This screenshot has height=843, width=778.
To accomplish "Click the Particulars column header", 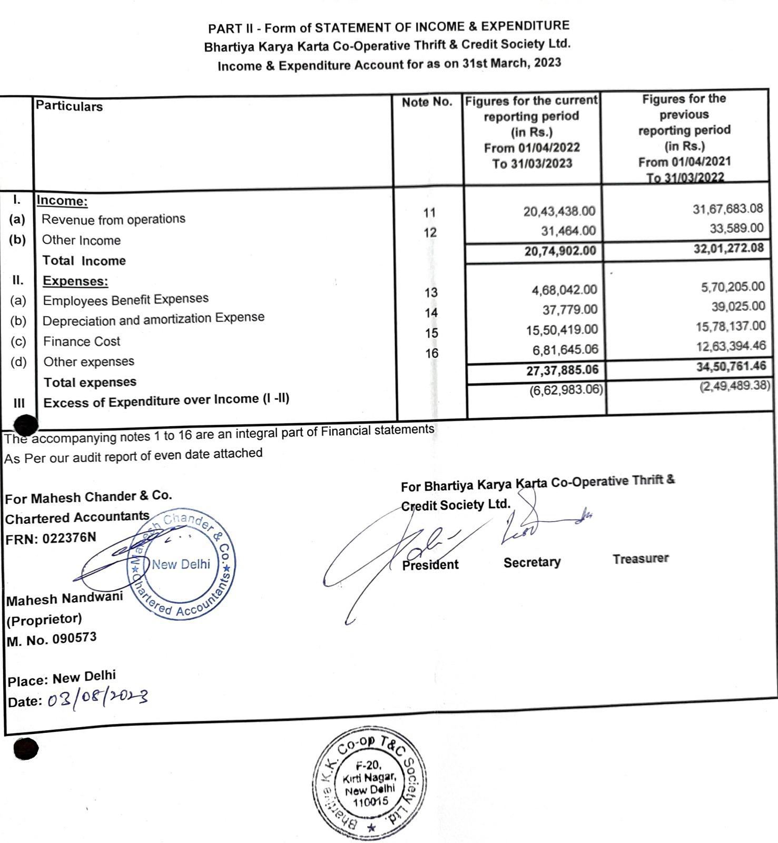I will click(69, 106).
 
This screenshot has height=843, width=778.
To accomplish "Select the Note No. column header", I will click(427, 102).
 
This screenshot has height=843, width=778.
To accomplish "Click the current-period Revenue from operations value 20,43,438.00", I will click(559, 211).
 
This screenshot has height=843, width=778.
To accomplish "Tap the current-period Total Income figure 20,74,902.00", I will click(560, 251).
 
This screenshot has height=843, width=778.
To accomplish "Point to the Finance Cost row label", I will click(82, 341).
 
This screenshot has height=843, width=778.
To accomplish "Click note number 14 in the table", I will click(431, 313).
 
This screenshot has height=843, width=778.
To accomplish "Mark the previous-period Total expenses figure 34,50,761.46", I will click(731, 366).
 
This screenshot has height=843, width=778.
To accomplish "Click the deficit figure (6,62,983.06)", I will click(566, 390).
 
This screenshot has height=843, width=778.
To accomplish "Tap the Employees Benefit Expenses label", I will click(125, 300).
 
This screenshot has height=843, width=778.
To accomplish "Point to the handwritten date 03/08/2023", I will click(97, 700).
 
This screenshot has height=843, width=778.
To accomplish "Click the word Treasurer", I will click(641, 558).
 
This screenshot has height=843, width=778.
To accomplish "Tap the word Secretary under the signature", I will click(532, 562).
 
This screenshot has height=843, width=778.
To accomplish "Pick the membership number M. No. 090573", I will click(52, 640).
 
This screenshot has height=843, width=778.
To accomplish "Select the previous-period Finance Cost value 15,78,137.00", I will click(731, 326).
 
